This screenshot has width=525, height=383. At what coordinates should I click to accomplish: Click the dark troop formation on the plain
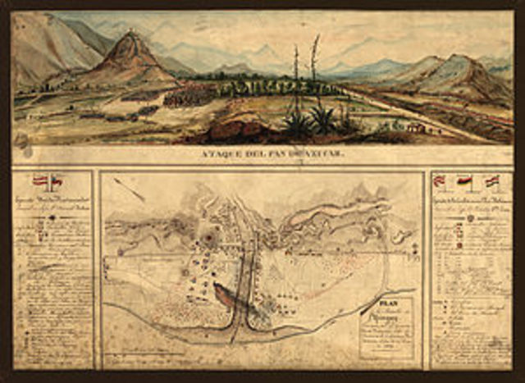pyautogui.click(x=189, y=97)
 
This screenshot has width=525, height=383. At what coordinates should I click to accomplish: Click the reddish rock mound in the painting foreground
pyautogui.click(x=238, y=127)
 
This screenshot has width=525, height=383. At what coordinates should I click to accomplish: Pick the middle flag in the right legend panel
pyautogui.click(x=464, y=180)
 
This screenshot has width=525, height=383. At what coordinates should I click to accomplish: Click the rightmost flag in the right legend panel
pyautogui.click(x=491, y=180)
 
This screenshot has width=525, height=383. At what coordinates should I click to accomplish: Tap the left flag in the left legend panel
pyautogui.click(x=39, y=180)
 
